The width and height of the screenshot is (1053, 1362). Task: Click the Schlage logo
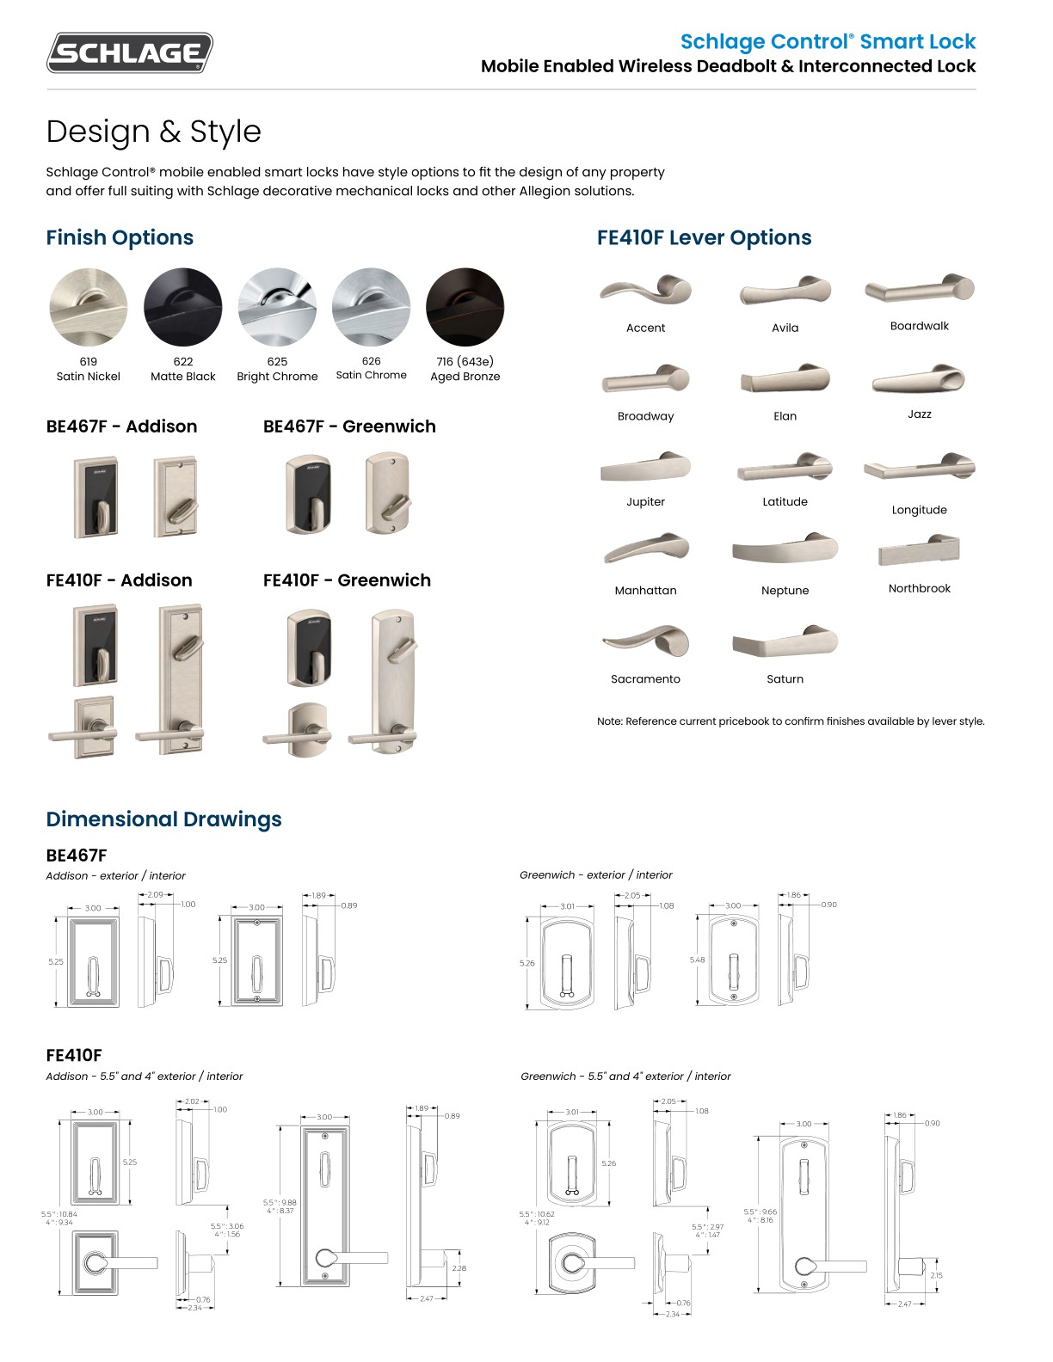click(129, 52)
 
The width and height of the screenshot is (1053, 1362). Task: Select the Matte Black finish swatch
click(183, 307)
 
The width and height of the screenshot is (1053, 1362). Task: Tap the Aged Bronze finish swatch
click(465, 307)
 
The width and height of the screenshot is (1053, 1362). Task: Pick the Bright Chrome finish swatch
click(277, 307)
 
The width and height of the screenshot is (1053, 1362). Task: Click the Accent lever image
click(645, 291)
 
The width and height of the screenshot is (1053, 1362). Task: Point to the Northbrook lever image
click(919, 550)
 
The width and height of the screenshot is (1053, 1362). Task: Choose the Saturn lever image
click(785, 641)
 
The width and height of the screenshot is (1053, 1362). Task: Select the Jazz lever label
click(919, 414)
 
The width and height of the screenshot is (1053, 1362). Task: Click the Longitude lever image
click(919, 468)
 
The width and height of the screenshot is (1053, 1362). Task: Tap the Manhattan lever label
click(645, 591)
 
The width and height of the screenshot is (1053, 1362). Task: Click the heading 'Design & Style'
click(153, 132)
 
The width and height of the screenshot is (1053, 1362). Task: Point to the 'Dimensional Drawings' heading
click(163, 819)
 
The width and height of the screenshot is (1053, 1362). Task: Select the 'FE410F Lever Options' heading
click(704, 238)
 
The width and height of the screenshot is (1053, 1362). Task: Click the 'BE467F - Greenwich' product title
click(349, 426)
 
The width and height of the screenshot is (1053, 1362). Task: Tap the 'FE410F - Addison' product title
click(119, 580)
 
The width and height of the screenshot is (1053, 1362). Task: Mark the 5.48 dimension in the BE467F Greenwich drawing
click(697, 960)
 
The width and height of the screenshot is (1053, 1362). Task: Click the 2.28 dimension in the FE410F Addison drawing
click(459, 1268)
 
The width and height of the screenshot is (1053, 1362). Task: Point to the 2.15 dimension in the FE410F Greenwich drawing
click(936, 1275)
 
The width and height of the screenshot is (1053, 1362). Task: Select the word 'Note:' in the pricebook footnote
click(610, 721)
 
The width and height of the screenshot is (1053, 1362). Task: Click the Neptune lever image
click(785, 550)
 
